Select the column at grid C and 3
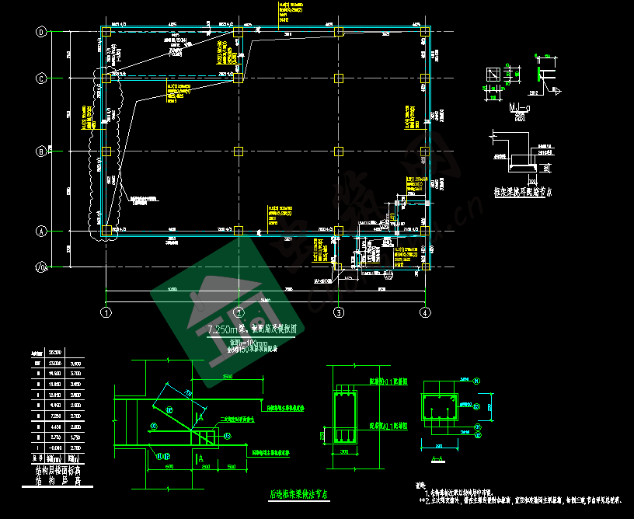click(x=339, y=78)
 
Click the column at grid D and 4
click(x=424, y=33)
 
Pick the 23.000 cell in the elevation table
click(x=55, y=363)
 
